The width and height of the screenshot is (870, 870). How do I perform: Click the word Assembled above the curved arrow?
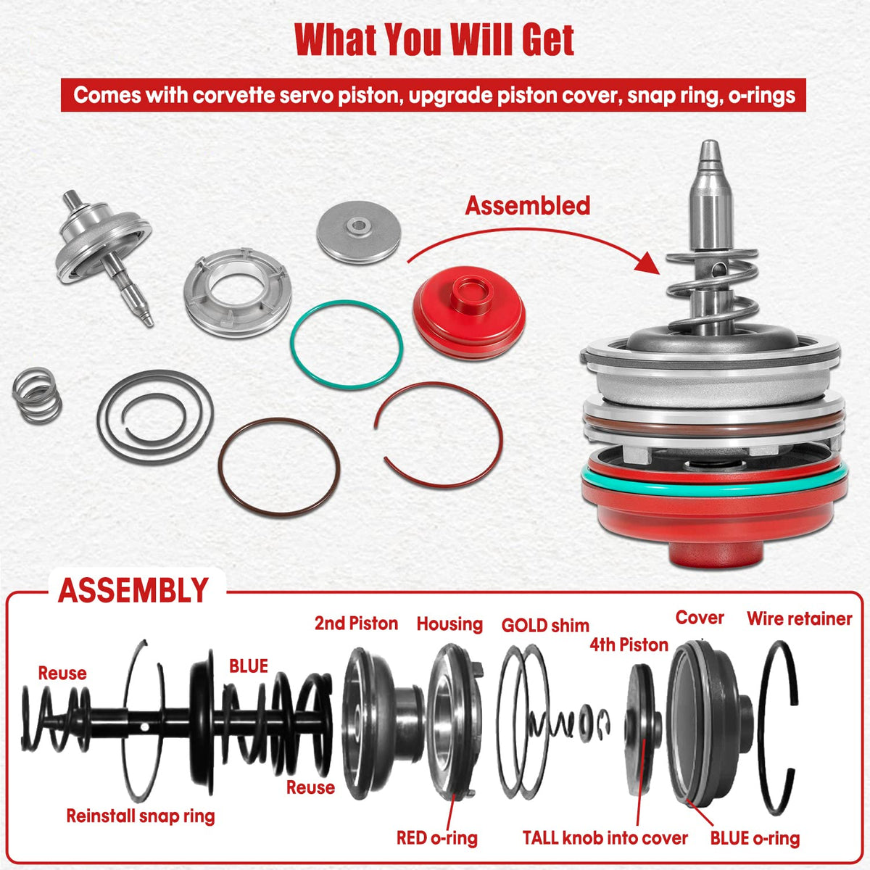527,205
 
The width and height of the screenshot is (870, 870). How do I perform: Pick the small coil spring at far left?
36,395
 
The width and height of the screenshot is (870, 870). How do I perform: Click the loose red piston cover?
470,312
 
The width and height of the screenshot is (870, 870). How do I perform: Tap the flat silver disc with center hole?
358,232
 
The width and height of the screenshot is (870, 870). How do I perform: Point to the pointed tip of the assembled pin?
709,144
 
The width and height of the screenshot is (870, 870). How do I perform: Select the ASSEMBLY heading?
133,590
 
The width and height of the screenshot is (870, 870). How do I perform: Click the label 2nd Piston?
356,623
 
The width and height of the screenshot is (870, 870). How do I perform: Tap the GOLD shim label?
545,626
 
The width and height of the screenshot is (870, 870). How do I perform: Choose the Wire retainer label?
800,618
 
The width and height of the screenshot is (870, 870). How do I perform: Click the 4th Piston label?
629,645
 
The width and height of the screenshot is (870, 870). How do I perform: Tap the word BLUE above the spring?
249,666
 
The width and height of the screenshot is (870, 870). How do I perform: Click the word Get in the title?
548,41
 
